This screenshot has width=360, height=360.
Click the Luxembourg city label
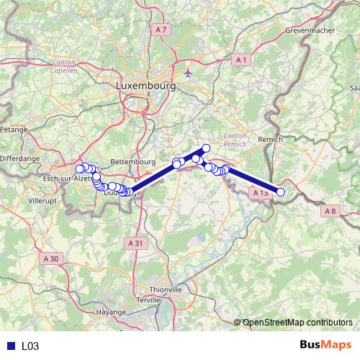pyautogui.click(x=145, y=86)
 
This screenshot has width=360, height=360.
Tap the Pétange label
pyautogui.click(x=13, y=130)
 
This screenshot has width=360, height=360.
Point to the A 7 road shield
pyautogui.click(x=161, y=30)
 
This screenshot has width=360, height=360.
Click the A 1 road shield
pyautogui.click(x=241, y=60)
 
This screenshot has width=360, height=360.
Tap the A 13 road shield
pyautogui.click(x=261, y=193)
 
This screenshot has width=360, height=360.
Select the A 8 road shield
pyautogui.click(x=330, y=211)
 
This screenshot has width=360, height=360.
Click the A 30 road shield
pyautogui.click(x=50, y=258)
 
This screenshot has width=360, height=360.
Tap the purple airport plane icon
pyautogui.click(x=189, y=72)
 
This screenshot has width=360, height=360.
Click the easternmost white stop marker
pyautogui.click(x=281, y=192)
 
